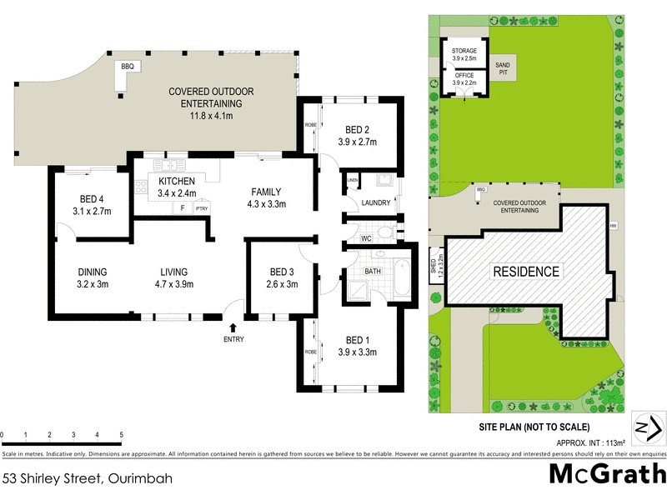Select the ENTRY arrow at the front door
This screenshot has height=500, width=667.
[x=233, y=329]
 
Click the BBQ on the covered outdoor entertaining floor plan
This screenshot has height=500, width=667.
[x=128, y=66]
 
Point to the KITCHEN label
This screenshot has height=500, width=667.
[x=176, y=181]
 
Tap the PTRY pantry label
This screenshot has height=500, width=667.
[x=201, y=208]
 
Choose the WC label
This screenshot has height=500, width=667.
[x=365, y=239]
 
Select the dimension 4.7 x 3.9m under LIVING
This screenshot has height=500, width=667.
[x=174, y=285]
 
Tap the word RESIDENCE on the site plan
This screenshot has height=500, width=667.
[x=525, y=271]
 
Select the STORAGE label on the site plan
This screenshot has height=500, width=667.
[x=464, y=51]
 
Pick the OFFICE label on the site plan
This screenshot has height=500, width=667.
[x=464, y=75]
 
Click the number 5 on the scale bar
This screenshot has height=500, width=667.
[x=122, y=435]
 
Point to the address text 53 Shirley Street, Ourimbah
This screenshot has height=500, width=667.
[x=85, y=478]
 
